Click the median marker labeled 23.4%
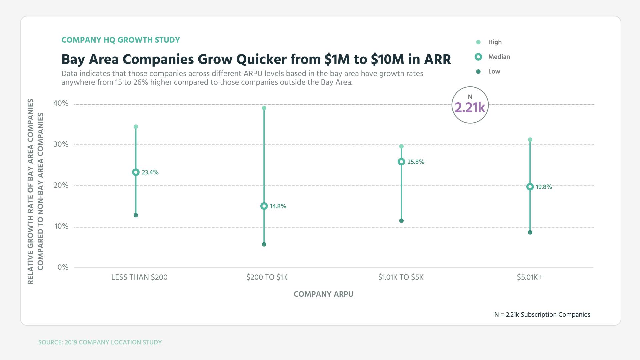[136, 172]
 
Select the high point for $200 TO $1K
[264, 108]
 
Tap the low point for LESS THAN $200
[136, 215]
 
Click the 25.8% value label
[416, 162]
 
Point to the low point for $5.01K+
[530, 232]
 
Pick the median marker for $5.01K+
[530, 187]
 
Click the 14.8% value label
[278, 206]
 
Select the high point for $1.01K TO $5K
[401, 146]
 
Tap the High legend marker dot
[478, 42]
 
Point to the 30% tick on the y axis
[61, 144]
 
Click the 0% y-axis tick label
[63, 267]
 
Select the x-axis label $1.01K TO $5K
[401, 277]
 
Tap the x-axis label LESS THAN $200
[139, 277]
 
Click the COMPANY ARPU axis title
[323, 294]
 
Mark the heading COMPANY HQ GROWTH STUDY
[121, 40]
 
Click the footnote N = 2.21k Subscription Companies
[542, 315]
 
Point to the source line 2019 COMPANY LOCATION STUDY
[100, 342]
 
